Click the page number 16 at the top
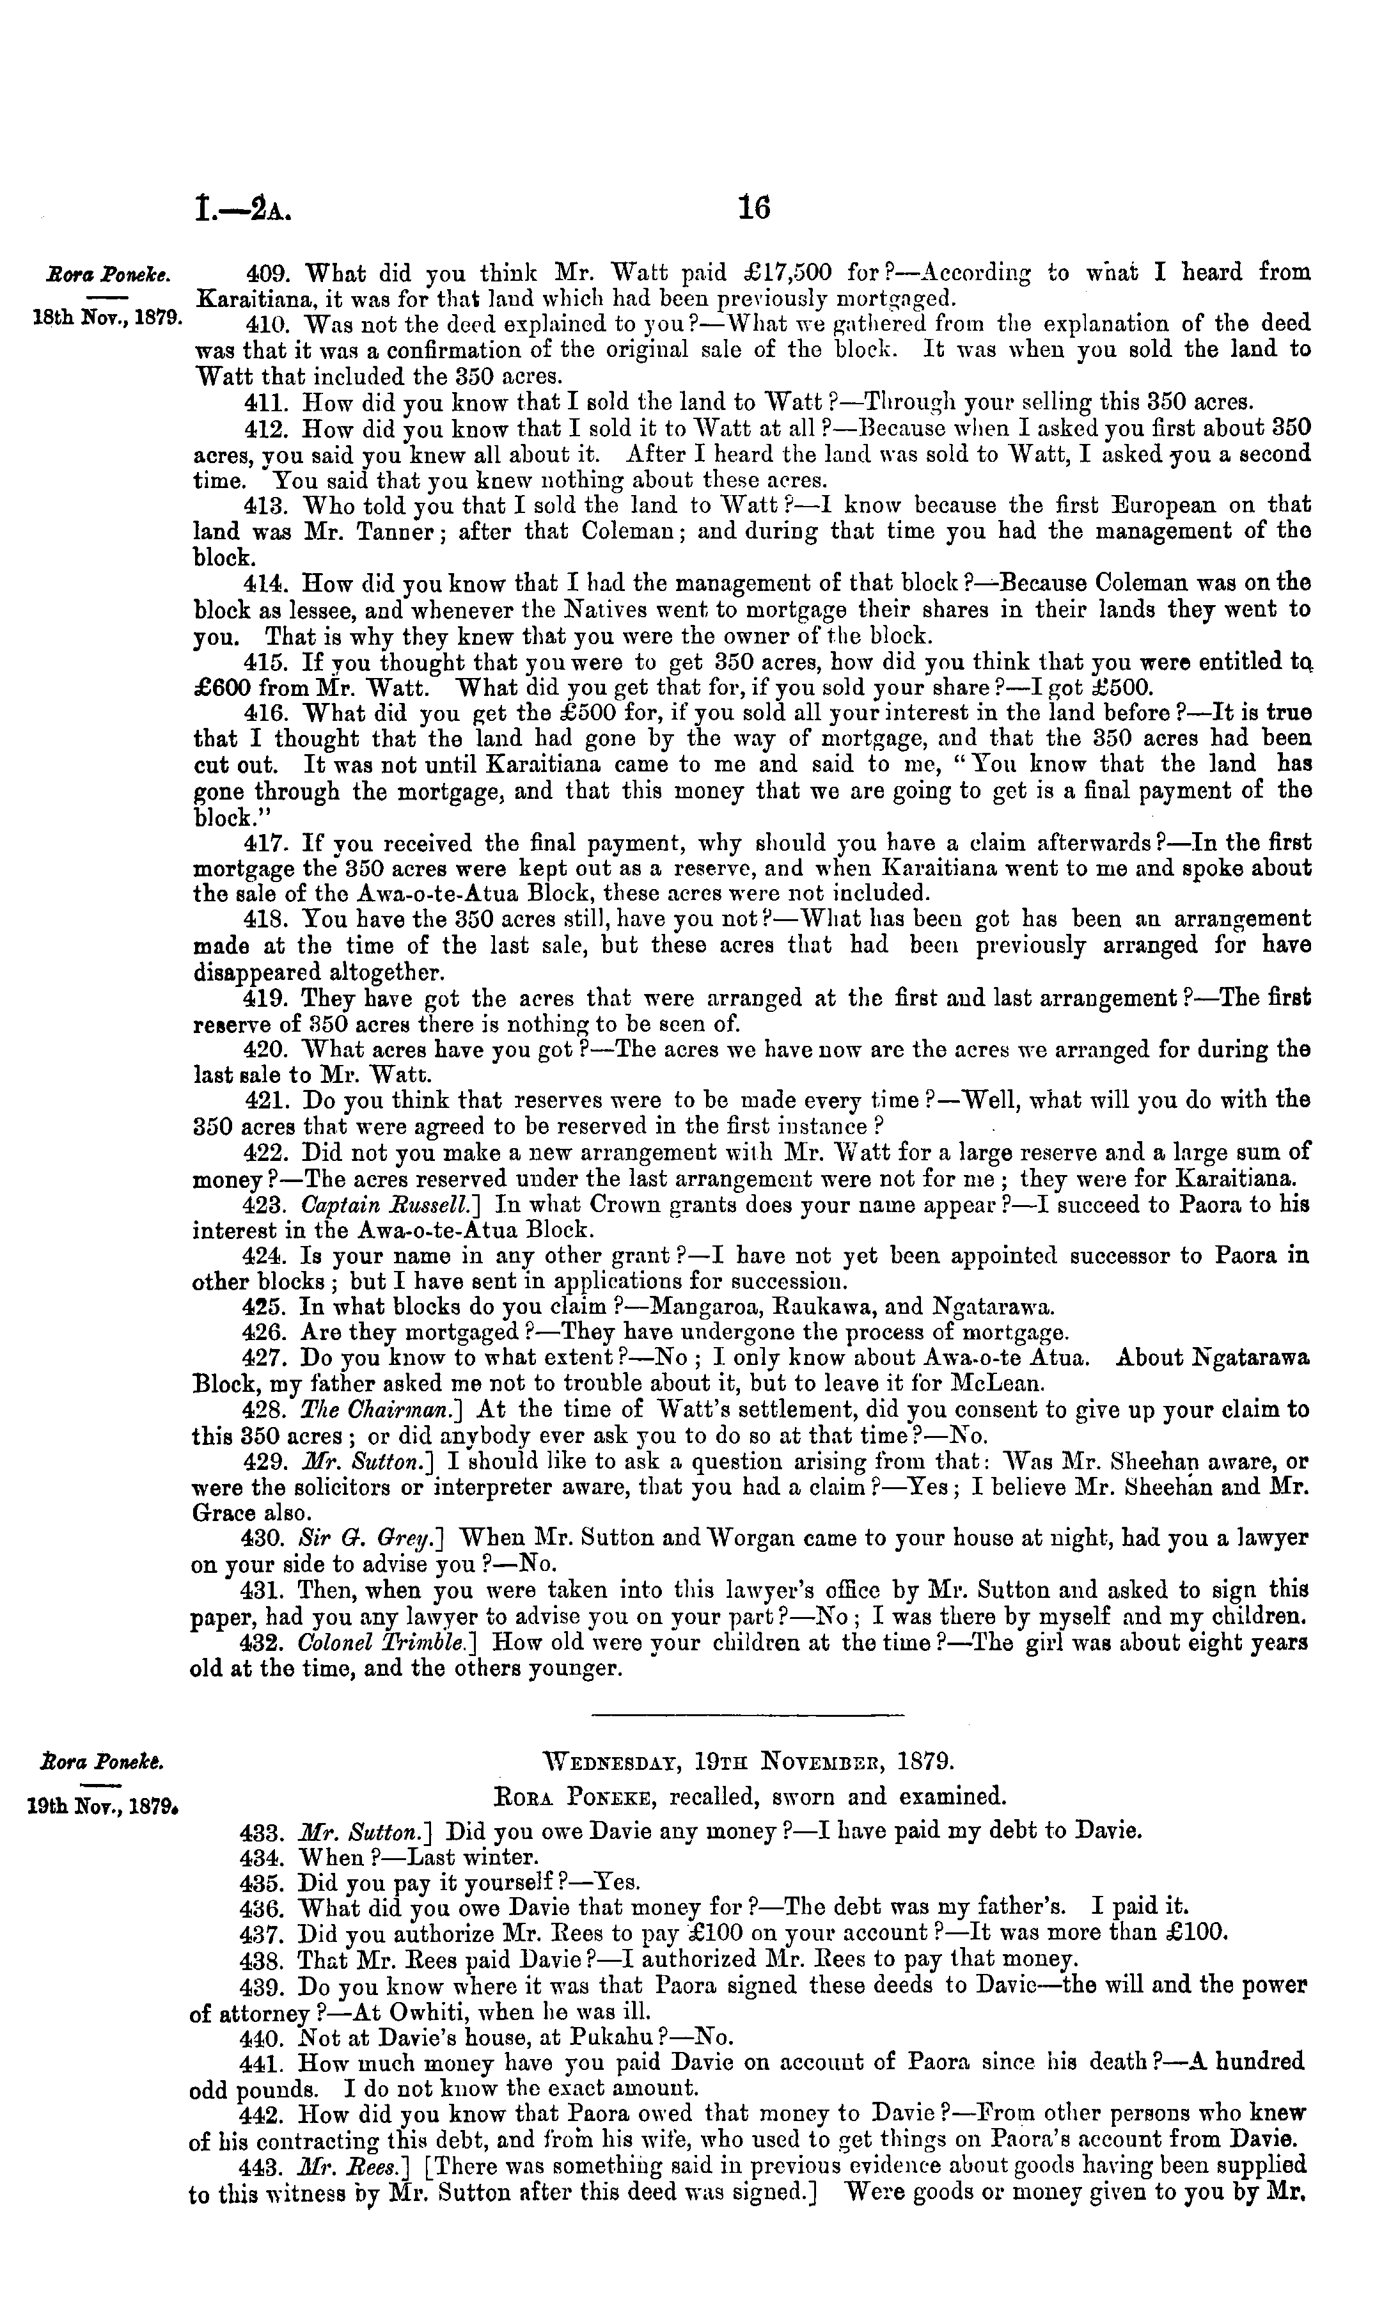(754, 207)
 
